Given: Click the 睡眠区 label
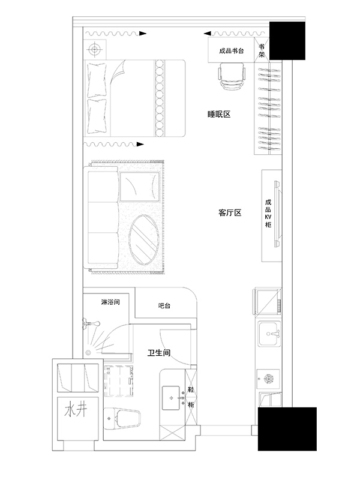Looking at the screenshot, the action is pyautogui.click(x=218, y=115).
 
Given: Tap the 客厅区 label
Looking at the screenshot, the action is pyautogui.click(x=230, y=213).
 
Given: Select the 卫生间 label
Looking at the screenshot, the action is pyautogui.click(x=159, y=353).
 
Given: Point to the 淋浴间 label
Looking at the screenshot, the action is pyautogui.click(x=110, y=302).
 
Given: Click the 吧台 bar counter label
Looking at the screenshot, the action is pyautogui.click(x=164, y=305).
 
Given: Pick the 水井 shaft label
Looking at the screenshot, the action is pyautogui.click(x=76, y=410).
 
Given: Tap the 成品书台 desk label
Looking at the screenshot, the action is pyautogui.click(x=232, y=51).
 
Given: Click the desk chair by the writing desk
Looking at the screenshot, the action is pyautogui.click(x=232, y=77).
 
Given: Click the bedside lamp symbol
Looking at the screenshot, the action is pyautogui.click(x=94, y=49).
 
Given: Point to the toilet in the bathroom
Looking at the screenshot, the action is pyautogui.click(x=122, y=419).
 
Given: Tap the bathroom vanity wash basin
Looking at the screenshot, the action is pyautogui.click(x=171, y=398).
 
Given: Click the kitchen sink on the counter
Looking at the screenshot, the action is pyautogui.click(x=269, y=334).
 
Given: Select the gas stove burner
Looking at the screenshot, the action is pyautogui.click(x=268, y=379).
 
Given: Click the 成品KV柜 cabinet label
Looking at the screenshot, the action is pyautogui.click(x=268, y=214).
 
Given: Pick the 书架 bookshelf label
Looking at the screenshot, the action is pyautogui.click(x=262, y=51).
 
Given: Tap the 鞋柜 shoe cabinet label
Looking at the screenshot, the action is pyautogui.click(x=191, y=397).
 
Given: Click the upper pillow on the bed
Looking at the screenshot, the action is pyautogui.click(x=97, y=80).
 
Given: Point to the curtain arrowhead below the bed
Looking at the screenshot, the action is pyautogui.click(x=140, y=144).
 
